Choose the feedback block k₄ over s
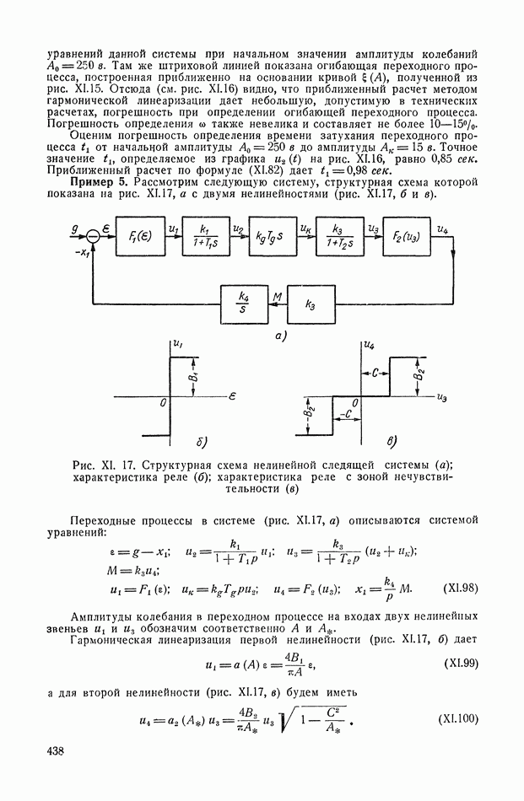[x=243, y=303]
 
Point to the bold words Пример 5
[x=98, y=183]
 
